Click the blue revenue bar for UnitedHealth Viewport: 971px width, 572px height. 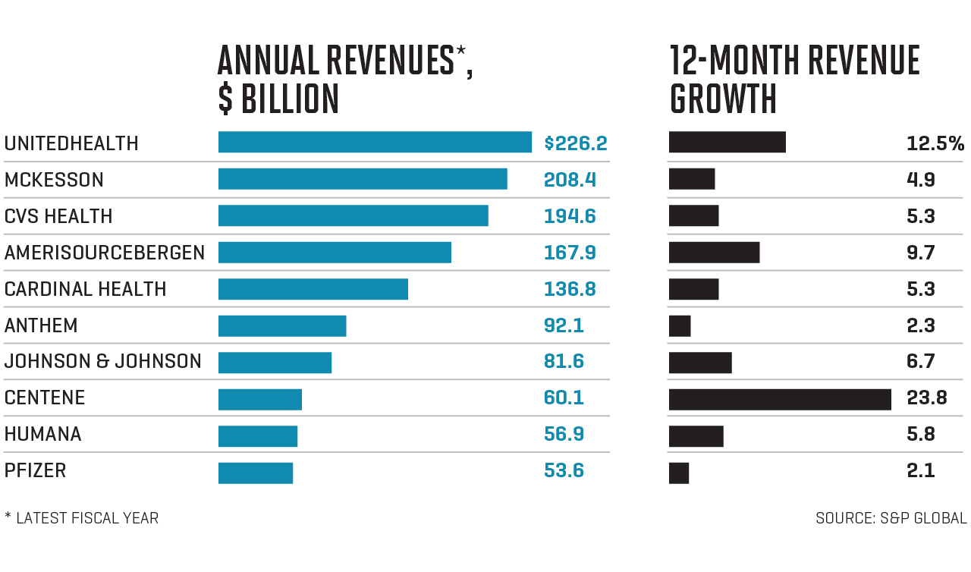click(375, 143)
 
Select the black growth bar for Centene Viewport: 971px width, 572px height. click(780, 399)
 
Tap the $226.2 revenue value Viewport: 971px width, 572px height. click(576, 143)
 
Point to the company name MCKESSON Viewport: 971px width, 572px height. click(54, 180)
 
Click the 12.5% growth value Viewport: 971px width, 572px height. click(935, 143)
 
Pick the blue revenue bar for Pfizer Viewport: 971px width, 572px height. click(256, 473)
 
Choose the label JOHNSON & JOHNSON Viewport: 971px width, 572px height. click(103, 362)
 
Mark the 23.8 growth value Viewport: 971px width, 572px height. click(927, 398)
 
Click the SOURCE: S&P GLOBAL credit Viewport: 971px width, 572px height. click(891, 519)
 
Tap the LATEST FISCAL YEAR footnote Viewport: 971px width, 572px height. click(86, 519)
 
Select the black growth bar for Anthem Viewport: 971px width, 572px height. click(680, 326)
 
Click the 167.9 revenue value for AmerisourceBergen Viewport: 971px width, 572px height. click(570, 253)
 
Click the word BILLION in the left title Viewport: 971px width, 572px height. click(290, 99)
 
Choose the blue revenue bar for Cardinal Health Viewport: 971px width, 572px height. click(313, 289)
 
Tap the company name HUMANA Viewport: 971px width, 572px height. click(42, 435)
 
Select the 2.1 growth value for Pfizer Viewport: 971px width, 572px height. click(921, 471)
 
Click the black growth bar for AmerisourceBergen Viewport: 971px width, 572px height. click(714, 253)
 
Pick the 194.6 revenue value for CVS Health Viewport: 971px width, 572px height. click(570, 216)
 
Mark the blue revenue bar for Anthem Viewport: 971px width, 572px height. click(282, 326)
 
